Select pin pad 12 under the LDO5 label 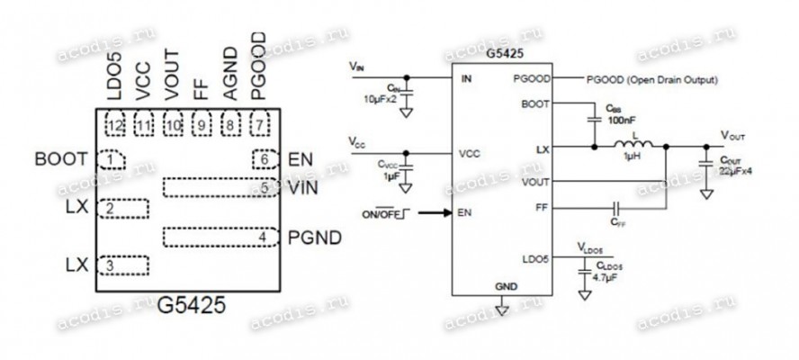point(114,123)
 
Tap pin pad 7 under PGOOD point(261,123)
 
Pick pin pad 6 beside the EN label point(264,159)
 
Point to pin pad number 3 point(122,265)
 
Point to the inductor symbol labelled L point(633,147)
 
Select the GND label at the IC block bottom point(506,285)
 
